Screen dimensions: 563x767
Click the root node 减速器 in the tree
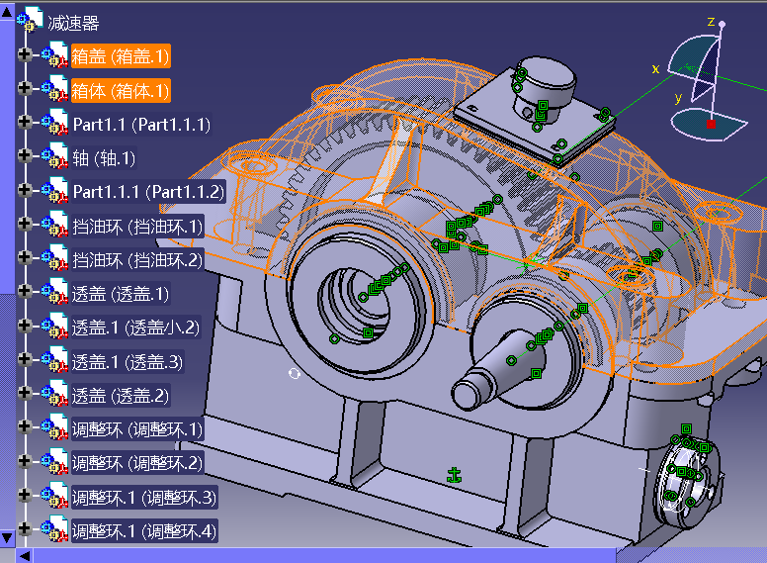pos(74,23)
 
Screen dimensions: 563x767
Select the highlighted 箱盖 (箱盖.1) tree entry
pos(120,56)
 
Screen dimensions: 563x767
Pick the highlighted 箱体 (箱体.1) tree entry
pos(120,90)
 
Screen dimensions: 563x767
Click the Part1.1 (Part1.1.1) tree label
pos(141,124)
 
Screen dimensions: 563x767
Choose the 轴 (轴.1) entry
pos(104,158)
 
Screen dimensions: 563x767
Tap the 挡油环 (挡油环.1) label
pos(136,226)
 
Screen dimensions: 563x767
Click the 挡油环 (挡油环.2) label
pos(136,259)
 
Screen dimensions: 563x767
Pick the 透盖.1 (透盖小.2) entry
pos(135,327)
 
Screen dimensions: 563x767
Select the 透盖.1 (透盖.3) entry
pos(128,361)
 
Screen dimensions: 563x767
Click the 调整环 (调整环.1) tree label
pos(136,428)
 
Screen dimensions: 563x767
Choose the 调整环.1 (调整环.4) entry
pos(143,530)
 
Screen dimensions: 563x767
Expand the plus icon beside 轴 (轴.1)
pos(26,157)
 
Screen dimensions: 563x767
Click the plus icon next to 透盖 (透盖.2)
pos(26,395)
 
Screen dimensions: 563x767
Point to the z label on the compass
pos(711,21)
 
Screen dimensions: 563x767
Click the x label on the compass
pos(655,68)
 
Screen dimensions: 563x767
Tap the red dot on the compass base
pos(711,124)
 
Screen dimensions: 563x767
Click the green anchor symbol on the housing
pos(455,476)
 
